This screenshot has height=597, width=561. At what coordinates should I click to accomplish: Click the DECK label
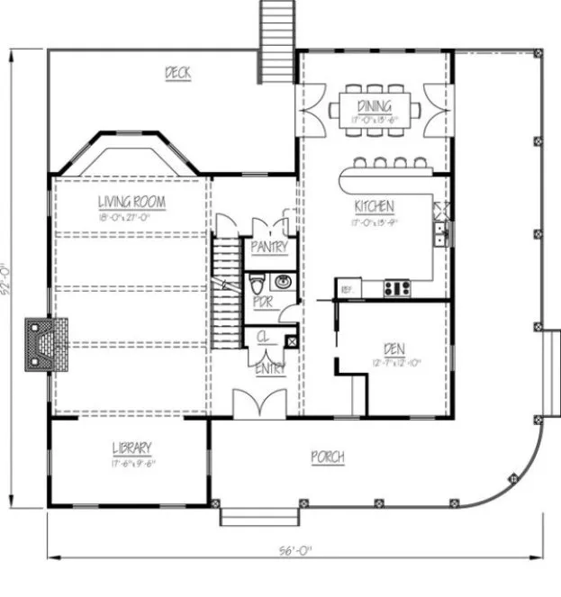177,73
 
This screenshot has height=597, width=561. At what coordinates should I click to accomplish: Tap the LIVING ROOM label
131,203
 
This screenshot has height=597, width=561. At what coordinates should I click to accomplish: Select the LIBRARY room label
131,448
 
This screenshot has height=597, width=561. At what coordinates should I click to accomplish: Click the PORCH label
329,457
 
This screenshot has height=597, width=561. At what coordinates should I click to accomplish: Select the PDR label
262,303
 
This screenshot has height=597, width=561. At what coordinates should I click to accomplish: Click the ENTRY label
271,367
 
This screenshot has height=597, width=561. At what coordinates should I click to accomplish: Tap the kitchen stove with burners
397,288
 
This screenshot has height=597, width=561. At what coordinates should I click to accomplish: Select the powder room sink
283,280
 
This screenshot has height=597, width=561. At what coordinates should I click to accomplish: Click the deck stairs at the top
275,41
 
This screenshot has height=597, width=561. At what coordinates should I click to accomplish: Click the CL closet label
263,337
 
